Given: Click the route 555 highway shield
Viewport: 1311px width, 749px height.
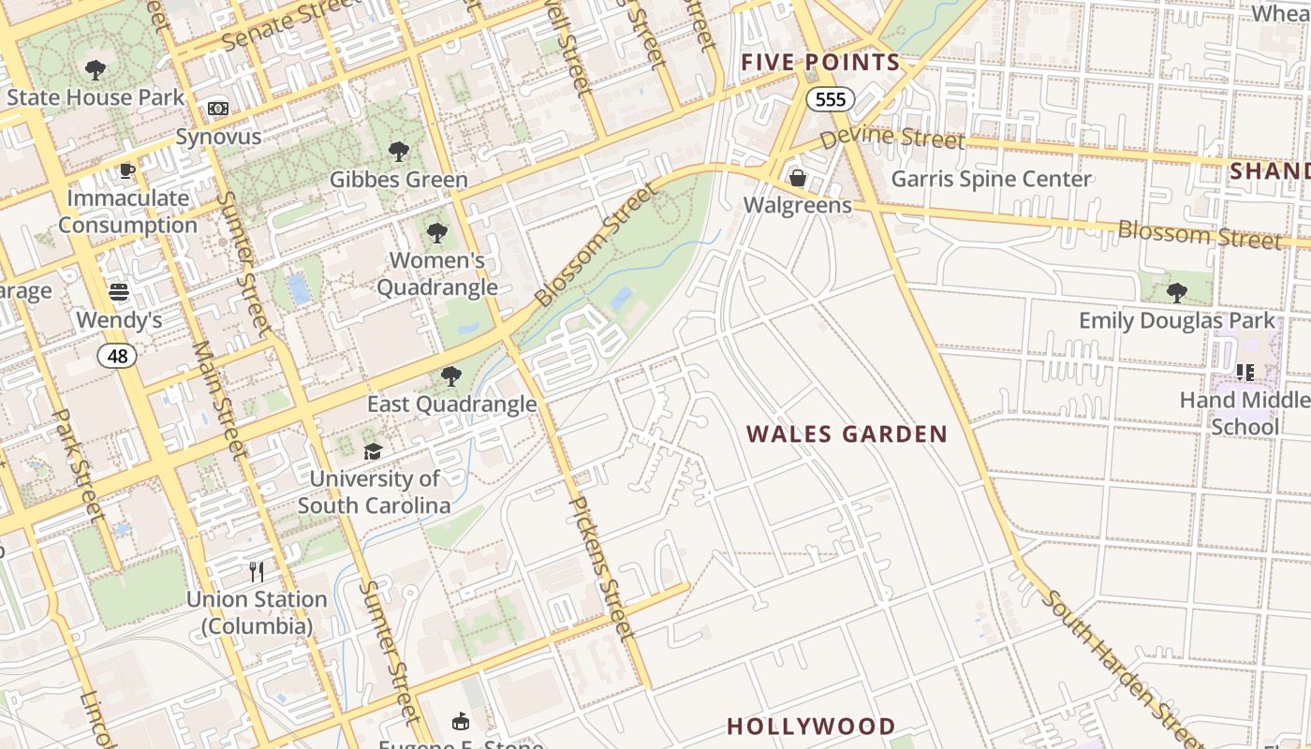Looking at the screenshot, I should (830, 99).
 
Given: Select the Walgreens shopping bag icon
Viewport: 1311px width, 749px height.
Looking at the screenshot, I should (798, 177).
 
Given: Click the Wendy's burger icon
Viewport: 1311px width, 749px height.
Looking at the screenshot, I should (119, 292).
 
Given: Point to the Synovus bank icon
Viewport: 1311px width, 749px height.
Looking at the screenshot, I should (218, 110).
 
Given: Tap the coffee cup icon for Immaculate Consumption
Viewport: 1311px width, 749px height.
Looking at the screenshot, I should (127, 170).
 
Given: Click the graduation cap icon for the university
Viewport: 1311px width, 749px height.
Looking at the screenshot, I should (374, 451).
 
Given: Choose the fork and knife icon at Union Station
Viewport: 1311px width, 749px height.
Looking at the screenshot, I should (257, 571).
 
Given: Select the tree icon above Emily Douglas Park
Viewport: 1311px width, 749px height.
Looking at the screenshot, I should (1177, 293).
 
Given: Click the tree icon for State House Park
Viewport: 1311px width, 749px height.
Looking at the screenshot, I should (95, 69).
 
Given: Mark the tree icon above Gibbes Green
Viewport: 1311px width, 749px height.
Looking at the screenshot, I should (399, 152).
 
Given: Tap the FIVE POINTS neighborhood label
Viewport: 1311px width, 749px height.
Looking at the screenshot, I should (820, 63).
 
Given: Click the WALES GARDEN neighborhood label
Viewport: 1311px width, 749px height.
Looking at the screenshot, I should (847, 434).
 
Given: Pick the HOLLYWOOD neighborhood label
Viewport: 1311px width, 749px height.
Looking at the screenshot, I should (811, 727).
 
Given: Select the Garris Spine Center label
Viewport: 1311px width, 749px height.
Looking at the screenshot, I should (991, 179).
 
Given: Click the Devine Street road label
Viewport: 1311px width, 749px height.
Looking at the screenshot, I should (892, 139).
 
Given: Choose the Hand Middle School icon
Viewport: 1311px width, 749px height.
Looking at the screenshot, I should (1245, 373).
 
